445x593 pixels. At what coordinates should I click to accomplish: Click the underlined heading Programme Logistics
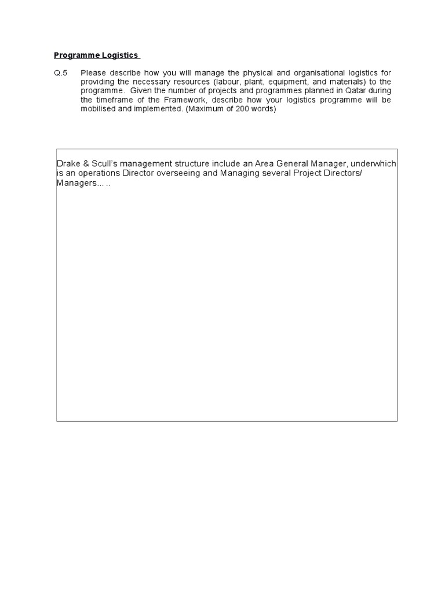click(x=96, y=56)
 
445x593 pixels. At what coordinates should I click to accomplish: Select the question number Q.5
click(x=60, y=72)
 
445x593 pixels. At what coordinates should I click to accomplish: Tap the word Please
click(x=94, y=72)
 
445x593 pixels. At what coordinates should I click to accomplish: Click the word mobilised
click(x=100, y=109)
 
